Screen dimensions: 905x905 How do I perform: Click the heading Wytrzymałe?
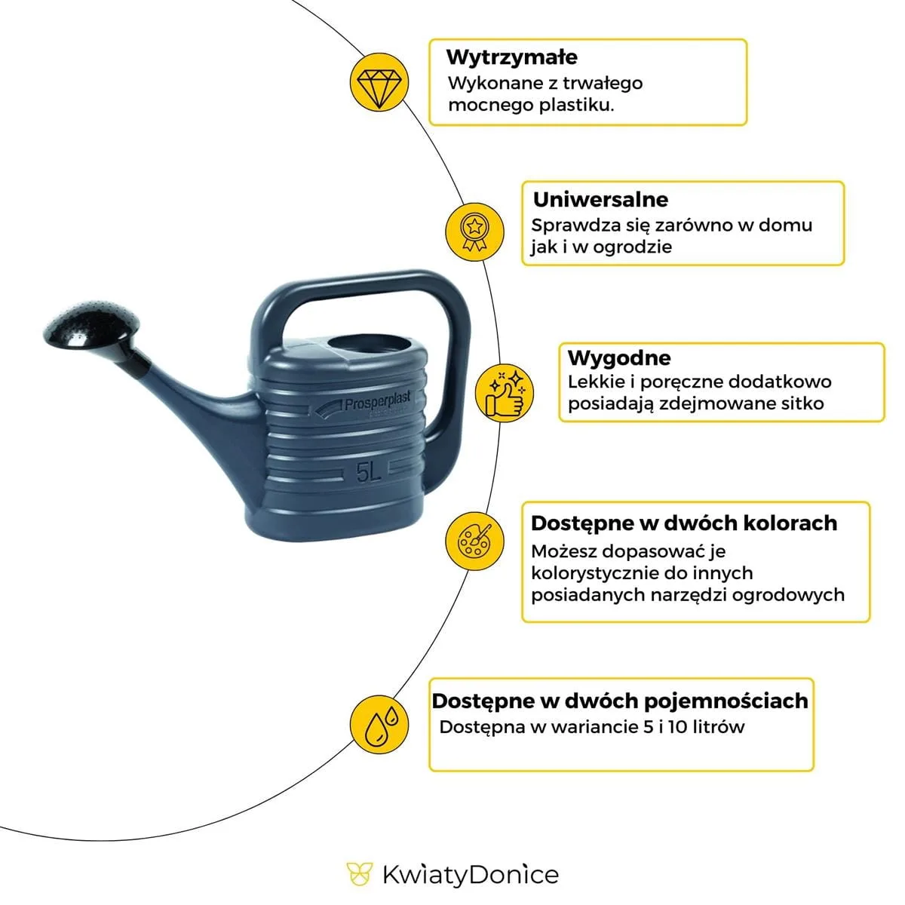click(x=511, y=57)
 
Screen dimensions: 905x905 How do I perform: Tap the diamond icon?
click(x=379, y=82)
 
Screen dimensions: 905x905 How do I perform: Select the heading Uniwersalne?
click(x=600, y=200)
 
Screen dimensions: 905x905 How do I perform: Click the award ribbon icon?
click(x=474, y=232)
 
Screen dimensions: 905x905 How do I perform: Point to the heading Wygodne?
click(x=619, y=357)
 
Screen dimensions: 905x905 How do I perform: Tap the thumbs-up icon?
click(x=505, y=392)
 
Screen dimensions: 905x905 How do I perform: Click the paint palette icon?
click(x=474, y=541)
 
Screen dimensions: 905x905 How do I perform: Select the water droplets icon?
click(x=379, y=724)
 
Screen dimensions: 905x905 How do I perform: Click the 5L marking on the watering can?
click(x=368, y=471)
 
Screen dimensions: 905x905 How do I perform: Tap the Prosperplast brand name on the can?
click(x=377, y=403)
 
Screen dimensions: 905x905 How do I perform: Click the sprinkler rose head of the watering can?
click(x=91, y=324)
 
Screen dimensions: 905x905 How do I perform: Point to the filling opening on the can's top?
click(x=369, y=345)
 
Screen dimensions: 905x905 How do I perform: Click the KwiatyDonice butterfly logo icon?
click(x=359, y=873)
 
